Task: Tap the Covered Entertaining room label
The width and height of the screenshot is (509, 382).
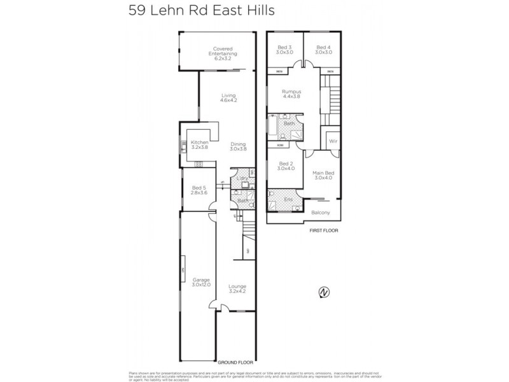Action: (223, 51)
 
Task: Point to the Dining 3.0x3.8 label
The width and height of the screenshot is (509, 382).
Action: (238, 145)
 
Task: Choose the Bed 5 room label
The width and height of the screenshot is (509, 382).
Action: (199, 190)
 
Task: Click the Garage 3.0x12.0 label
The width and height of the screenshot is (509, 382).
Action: (201, 283)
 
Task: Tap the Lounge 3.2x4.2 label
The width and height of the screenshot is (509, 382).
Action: (237, 289)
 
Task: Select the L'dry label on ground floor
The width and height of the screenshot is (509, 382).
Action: (241, 179)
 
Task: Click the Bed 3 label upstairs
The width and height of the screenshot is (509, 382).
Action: (284, 50)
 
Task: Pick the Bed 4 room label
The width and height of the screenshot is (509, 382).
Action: (323, 50)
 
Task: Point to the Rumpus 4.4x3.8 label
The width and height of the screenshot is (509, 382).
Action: (291, 94)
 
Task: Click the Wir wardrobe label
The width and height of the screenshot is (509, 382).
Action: (333, 141)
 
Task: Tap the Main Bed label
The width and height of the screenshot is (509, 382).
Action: (323, 174)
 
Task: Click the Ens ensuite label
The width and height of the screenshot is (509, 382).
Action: (288, 199)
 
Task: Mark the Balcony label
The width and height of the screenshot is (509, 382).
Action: (320, 212)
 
